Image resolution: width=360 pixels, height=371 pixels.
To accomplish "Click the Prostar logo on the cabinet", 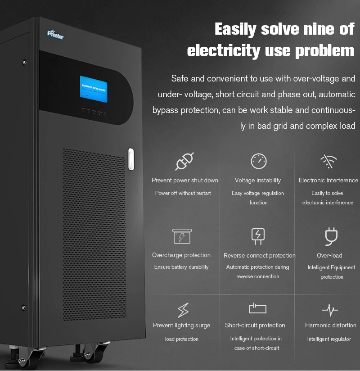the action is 56,34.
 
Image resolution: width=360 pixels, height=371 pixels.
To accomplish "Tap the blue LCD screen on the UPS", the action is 94,89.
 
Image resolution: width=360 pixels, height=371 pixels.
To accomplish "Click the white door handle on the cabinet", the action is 131,159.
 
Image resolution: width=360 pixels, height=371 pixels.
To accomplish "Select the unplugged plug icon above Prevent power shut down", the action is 184,161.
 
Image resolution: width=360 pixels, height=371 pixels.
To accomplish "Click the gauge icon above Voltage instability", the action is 258,161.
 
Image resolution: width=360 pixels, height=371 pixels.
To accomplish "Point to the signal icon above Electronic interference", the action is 328,161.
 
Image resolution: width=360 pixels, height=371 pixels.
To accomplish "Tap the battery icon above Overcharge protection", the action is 182,236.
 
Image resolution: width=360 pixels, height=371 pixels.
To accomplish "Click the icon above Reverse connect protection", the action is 258,236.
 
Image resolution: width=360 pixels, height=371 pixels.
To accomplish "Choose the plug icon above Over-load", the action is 331,236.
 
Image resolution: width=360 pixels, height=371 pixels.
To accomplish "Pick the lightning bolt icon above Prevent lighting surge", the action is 182,310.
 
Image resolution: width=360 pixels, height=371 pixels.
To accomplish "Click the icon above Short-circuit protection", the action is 258,308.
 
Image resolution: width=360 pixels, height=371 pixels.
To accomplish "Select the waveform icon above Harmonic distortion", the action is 330,310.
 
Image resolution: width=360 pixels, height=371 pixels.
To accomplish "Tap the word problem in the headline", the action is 325,50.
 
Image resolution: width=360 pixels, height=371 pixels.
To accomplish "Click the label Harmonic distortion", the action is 331,325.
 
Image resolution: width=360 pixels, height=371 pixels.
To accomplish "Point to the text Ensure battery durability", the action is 181,267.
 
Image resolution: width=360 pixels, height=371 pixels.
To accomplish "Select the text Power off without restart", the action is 183,193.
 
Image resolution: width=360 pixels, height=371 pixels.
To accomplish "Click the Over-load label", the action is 329,255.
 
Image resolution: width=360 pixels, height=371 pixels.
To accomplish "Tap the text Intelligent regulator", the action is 329,339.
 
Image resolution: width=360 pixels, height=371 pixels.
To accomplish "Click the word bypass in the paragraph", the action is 166,110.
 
